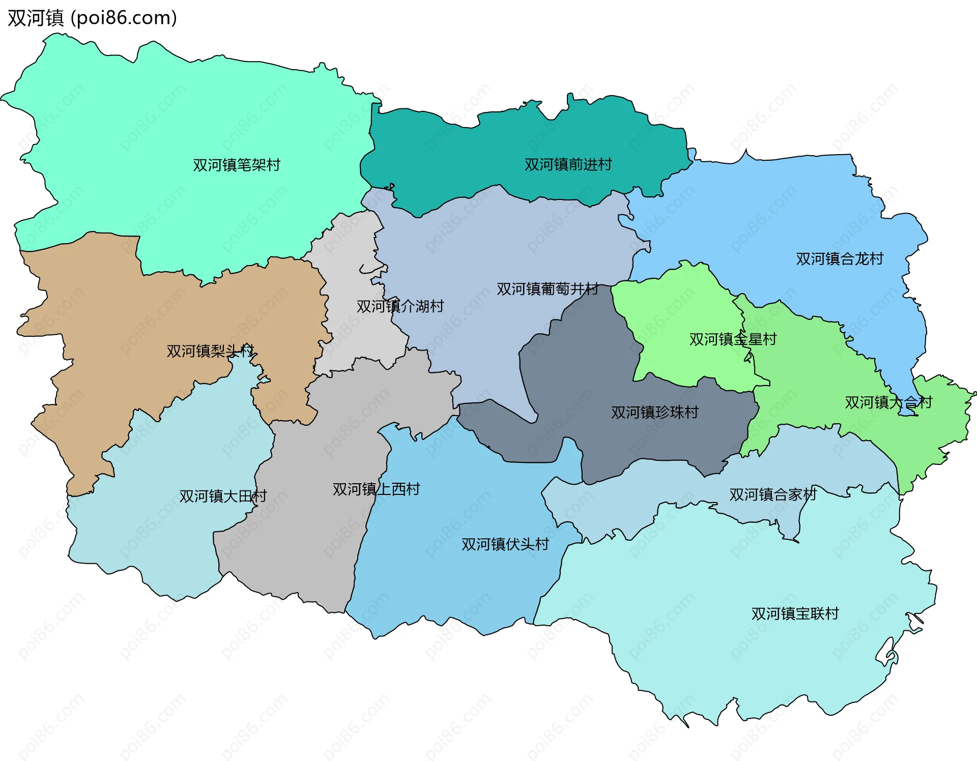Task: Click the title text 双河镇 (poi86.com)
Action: point(92,18)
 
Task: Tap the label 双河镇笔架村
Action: point(237,165)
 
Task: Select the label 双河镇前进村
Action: point(568,164)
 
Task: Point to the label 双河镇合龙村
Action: point(839,259)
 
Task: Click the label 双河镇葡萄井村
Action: point(547,289)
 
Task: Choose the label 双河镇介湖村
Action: point(400,306)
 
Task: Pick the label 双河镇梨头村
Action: point(210,351)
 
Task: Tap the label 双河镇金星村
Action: point(733,339)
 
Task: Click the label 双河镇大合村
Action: point(888,402)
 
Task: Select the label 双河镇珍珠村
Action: point(654,412)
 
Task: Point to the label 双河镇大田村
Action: point(223,496)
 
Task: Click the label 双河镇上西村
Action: point(376,489)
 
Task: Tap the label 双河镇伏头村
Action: point(505,544)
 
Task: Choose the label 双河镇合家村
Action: point(772,494)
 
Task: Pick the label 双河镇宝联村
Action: point(795,613)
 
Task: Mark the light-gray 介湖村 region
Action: point(351,265)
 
